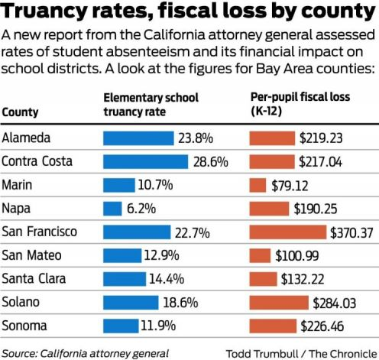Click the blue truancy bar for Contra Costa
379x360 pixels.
click(145, 161)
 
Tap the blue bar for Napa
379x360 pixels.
click(112, 208)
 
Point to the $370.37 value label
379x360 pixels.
click(351, 232)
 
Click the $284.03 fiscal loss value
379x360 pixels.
click(336, 302)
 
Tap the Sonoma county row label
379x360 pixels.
click(24, 325)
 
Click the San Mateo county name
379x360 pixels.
click(31, 255)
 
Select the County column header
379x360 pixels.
click(21, 112)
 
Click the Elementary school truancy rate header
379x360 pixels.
click(151, 105)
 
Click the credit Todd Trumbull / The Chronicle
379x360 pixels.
click(301, 352)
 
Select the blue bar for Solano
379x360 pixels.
click(130, 302)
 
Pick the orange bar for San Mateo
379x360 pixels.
click(261, 255)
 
